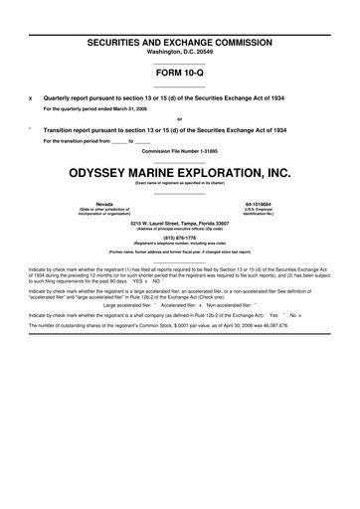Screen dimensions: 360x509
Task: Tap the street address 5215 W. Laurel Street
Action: click(x=179, y=223)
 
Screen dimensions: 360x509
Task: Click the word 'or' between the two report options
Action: click(x=179, y=120)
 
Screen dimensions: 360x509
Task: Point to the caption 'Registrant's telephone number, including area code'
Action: click(x=179, y=243)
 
